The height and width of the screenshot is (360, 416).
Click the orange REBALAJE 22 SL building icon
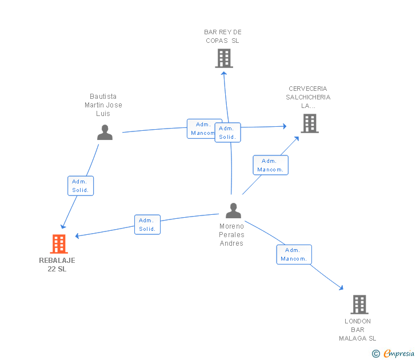(58, 244)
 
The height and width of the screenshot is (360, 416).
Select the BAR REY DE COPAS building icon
(224, 58)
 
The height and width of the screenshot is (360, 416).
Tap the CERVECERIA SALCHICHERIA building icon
(309, 123)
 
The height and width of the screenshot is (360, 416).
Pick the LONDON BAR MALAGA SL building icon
(359, 305)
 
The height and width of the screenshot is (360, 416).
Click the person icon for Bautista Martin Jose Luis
(105, 133)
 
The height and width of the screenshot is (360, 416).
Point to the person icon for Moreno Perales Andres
(233, 211)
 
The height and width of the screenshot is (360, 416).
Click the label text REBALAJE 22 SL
(57, 265)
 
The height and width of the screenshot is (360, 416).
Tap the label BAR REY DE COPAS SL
(223, 37)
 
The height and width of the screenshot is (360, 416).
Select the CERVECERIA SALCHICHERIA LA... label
(308, 97)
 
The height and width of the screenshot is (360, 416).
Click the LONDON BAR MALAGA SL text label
(358, 330)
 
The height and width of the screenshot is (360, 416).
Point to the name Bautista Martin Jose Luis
(103, 105)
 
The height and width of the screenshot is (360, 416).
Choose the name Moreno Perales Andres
(231, 235)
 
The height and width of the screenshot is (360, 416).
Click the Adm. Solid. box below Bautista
(80, 186)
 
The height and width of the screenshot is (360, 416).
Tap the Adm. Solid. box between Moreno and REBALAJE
(147, 225)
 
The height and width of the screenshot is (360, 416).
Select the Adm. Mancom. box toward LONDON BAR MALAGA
(294, 254)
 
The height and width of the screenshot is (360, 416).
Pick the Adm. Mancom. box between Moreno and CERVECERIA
(270, 165)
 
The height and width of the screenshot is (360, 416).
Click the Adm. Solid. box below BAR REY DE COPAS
(227, 133)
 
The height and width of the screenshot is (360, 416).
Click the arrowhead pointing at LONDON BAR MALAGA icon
(341, 289)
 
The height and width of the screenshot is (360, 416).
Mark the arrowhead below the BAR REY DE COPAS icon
(224, 72)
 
